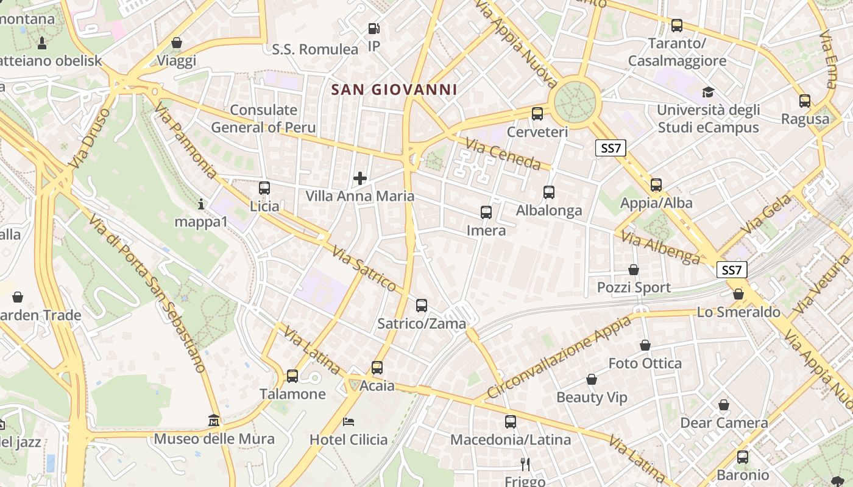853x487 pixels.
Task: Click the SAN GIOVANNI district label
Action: (394, 90)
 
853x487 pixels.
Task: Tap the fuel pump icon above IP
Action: (373, 29)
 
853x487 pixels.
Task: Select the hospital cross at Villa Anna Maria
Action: (360, 178)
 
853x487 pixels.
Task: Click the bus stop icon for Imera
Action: (486, 212)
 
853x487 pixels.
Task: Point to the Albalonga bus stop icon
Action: (548, 193)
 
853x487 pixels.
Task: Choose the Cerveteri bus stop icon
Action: (537, 114)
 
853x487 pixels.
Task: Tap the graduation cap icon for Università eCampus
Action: (707, 93)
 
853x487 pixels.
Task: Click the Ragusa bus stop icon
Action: (804, 101)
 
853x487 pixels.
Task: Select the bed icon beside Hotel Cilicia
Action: (349, 421)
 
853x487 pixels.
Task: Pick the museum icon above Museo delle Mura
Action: (213, 421)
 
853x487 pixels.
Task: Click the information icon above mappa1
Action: (201, 204)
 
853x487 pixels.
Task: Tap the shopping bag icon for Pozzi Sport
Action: (633, 270)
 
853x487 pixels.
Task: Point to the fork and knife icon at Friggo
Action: (525, 464)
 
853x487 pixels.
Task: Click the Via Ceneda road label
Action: (503, 154)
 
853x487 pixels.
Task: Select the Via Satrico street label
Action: (364, 268)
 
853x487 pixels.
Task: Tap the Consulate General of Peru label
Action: (263, 119)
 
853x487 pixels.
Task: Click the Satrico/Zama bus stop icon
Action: (421, 306)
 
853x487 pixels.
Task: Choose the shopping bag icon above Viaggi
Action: (176, 43)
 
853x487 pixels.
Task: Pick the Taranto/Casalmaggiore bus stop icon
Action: (676, 26)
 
